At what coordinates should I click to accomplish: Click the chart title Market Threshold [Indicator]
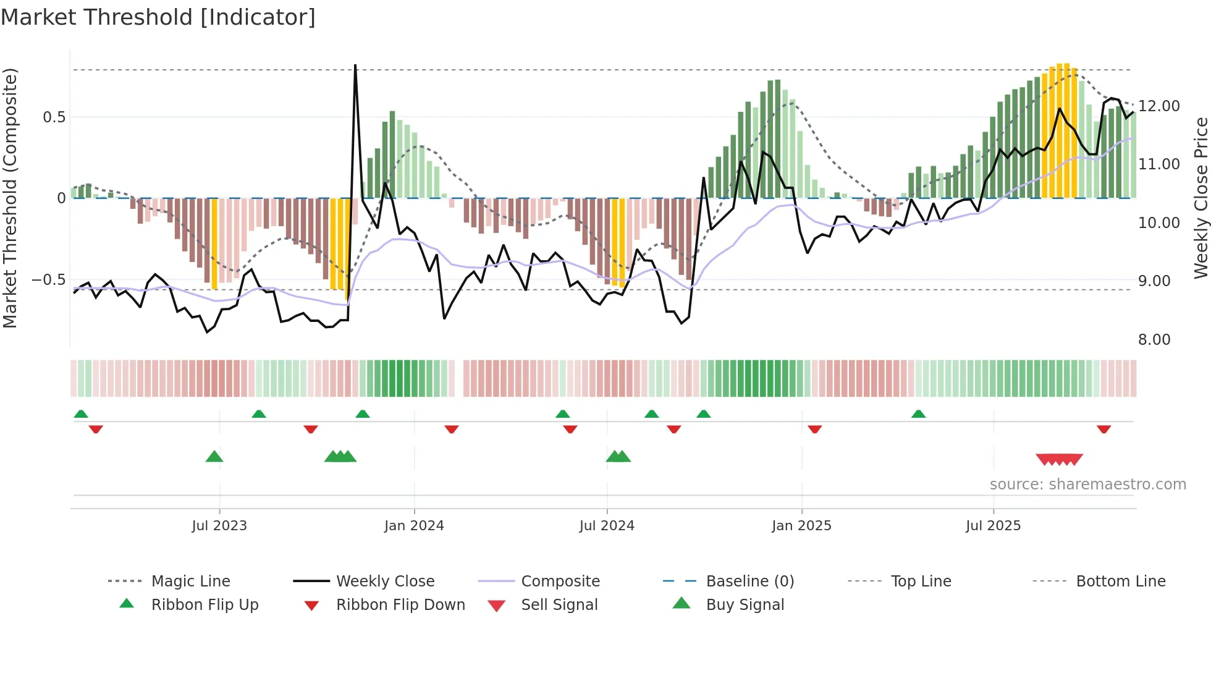click(x=158, y=17)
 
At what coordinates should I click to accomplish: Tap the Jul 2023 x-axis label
click(x=219, y=526)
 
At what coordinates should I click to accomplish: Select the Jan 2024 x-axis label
click(x=414, y=526)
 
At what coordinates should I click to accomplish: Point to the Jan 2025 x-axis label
click(x=801, y=526)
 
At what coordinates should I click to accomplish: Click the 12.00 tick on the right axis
click(x=1159, y=106)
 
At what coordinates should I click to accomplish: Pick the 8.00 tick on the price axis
click(x=1154, y=340)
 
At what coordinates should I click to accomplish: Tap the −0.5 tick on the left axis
click(x=48, y=280)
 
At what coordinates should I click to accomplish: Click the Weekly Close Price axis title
click(x=1200, y=198)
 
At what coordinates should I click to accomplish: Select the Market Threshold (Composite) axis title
click(x=10, y=198)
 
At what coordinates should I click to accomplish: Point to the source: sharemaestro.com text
click(x=1087, y=484)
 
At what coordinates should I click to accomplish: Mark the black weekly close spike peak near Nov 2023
click(x=355, y=66)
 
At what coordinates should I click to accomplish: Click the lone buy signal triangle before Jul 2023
click(x=214, y=457)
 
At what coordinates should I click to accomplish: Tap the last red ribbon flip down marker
click(x=1103, y=429)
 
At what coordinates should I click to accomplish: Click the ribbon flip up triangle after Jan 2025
click(x=918, y=414)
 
